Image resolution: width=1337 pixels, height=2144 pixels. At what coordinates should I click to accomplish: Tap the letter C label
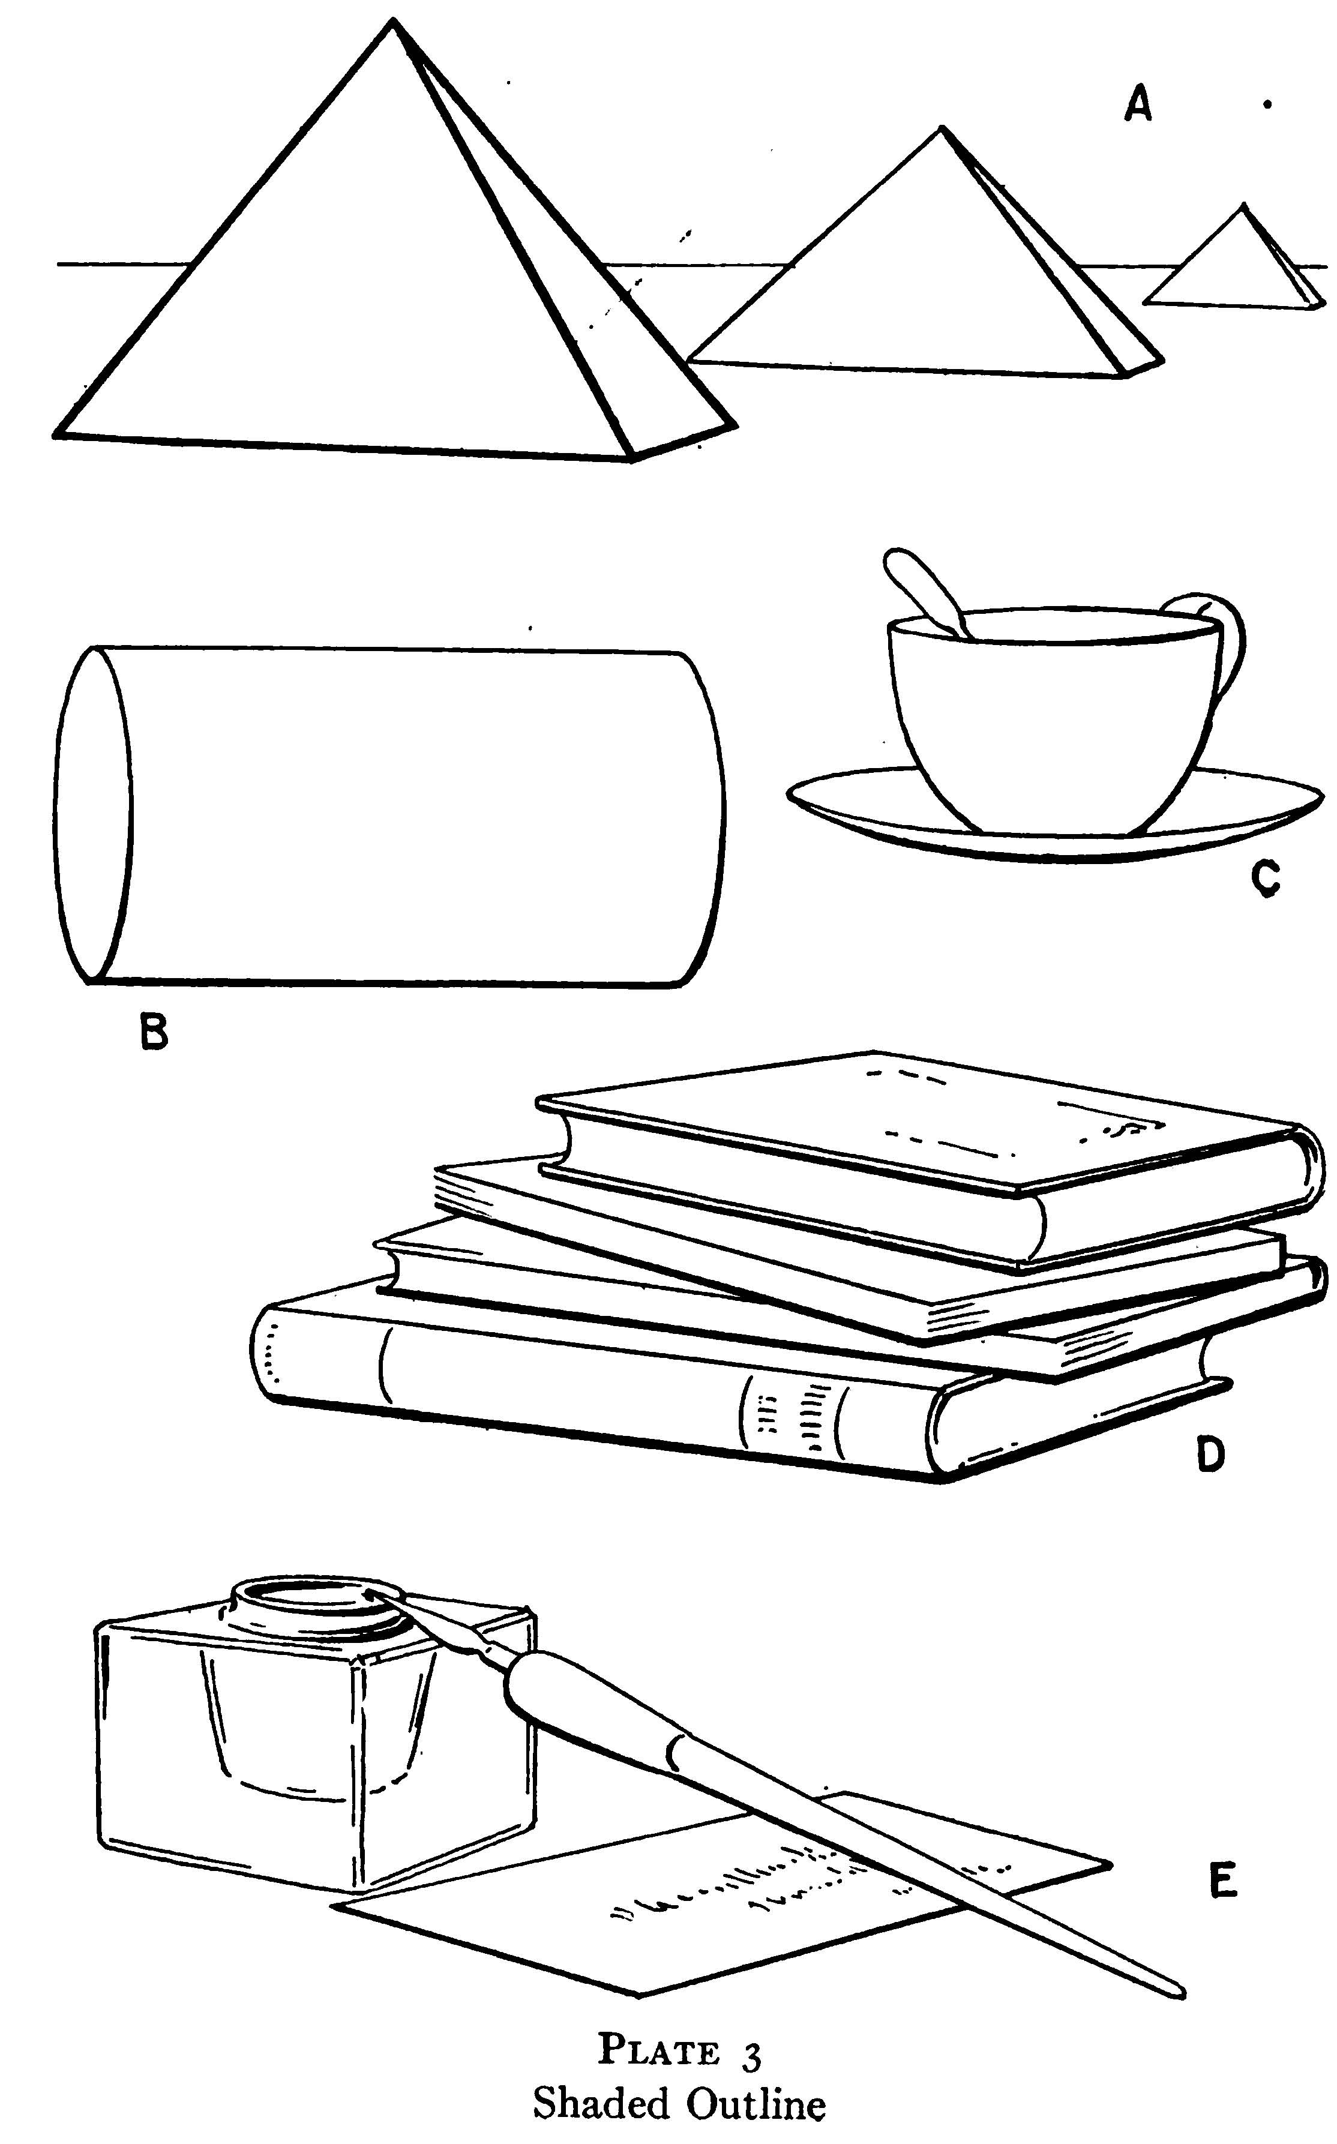pos(1266,878)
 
